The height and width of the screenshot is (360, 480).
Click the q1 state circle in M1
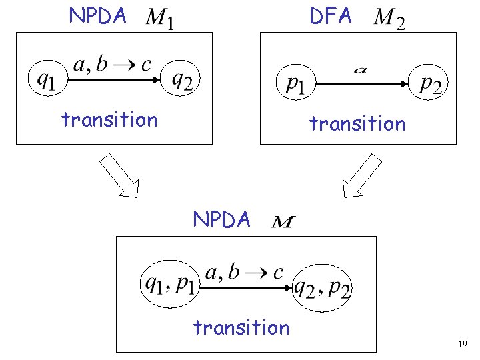click(x=45, y=80)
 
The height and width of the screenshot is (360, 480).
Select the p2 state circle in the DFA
click(x=431, y=84)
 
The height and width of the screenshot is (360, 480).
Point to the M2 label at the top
click(x=389, y=19)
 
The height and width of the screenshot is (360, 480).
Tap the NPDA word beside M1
click(x=97, y=16)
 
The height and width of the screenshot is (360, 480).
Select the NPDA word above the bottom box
click(x=221, y=219)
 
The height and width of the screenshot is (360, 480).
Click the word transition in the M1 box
click(x=109, y=120)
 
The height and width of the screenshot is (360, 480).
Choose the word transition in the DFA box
click(x=357, y=123)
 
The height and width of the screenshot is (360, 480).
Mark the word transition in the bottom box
click(x=241, y=327)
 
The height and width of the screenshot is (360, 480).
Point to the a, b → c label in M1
click(x=112, y=65)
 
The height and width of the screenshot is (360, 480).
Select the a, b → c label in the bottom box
click(x=245, y=272)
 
